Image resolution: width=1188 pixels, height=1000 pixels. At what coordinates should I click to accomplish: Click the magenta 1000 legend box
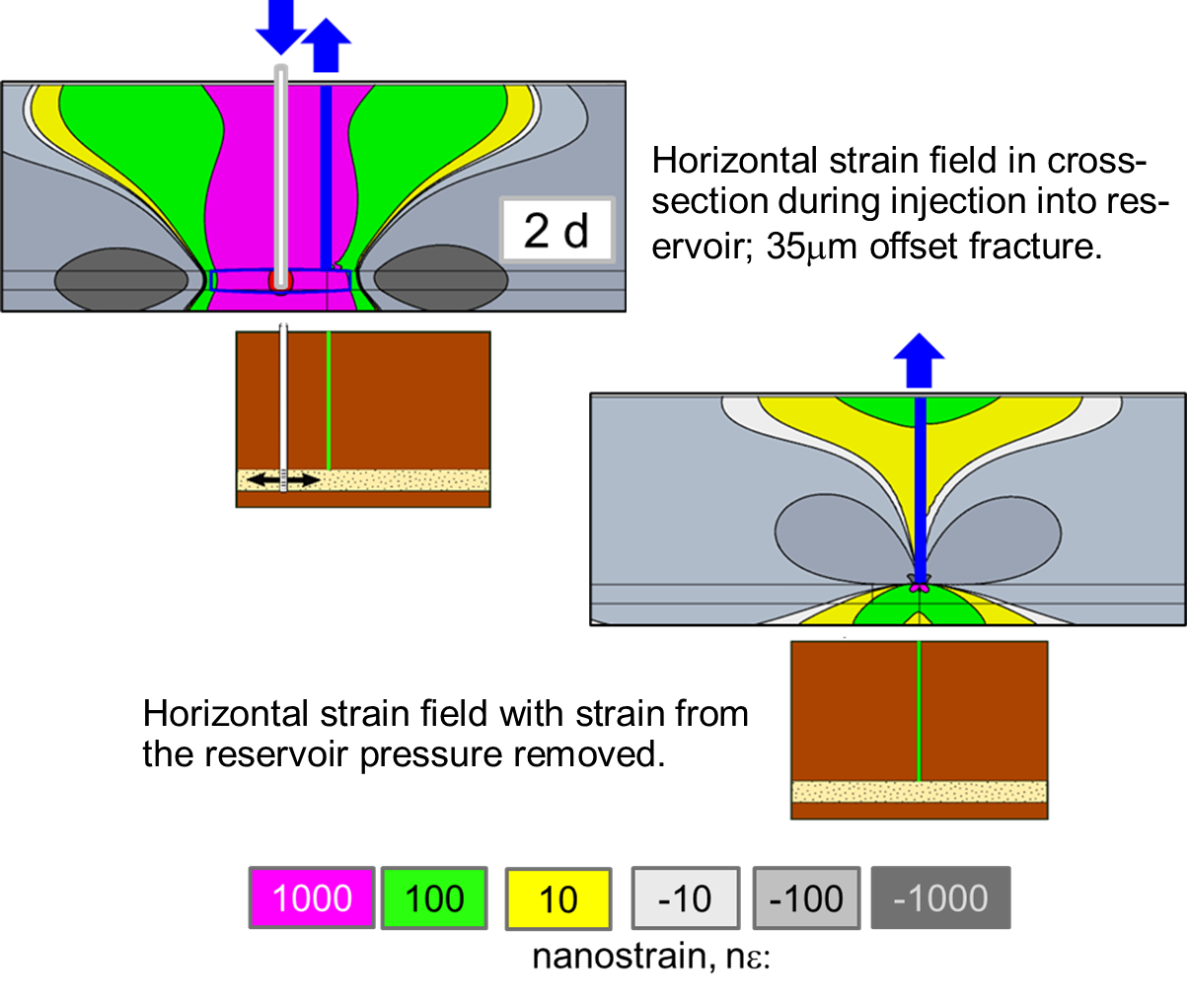(312, 897)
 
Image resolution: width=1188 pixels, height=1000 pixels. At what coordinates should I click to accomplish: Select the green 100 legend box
(434, 897)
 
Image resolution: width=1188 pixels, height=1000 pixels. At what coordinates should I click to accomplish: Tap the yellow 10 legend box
(558, 898)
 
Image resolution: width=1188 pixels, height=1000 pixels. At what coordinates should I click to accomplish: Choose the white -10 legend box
(685, 898)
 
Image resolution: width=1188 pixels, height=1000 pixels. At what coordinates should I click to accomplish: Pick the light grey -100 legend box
(806, 898)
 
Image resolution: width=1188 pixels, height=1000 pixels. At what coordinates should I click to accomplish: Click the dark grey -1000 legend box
(940, 898)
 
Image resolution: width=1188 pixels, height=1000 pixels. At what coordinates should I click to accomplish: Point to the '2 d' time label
(557, 231)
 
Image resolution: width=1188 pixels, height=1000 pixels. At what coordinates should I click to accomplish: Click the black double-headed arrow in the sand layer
(283, 480)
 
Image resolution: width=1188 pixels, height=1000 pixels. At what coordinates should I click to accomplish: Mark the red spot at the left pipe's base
(280, 283)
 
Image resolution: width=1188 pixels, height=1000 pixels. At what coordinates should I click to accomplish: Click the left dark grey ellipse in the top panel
(120, 279)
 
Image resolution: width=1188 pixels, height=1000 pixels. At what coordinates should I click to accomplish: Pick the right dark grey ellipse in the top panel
(441, 279)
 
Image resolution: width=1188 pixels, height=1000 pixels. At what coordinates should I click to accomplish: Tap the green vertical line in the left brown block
(329, 399)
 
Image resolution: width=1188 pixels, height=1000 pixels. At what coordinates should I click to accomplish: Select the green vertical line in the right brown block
(919, 710)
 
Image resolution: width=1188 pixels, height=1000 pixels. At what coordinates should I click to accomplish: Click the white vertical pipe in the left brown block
(283, 394)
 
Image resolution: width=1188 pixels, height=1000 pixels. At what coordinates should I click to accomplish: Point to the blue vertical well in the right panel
(921, 483)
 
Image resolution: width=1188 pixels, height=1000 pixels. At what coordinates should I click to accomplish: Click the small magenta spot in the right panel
(920, 587)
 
